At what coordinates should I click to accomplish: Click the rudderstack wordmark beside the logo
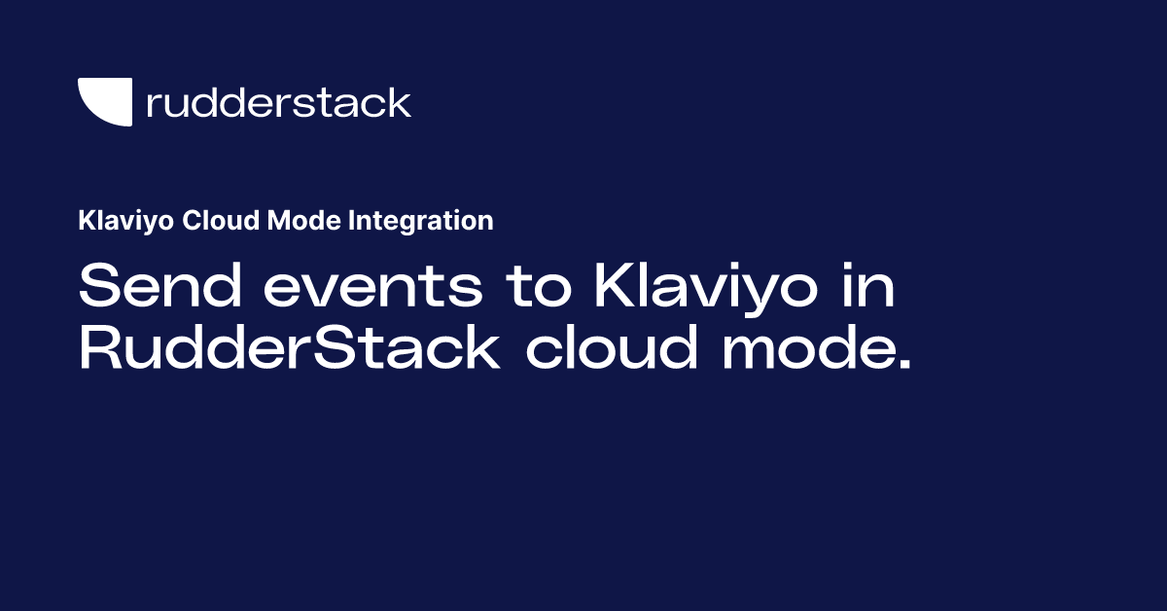tap(278, 102)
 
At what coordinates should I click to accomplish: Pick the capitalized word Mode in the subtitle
tap(289, 221)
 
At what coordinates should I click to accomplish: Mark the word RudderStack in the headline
tap(288, 349)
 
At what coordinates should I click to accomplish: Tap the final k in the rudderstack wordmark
tap(401, 101)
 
